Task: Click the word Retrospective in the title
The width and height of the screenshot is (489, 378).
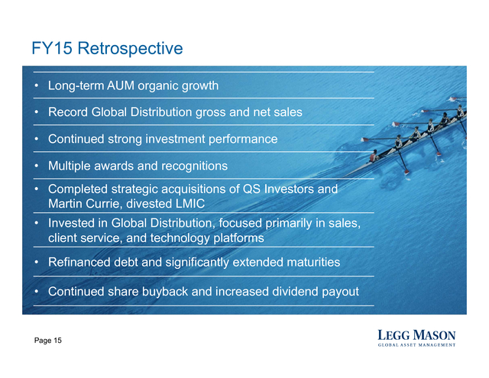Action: [130, 49]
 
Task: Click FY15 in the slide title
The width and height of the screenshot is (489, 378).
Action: [52, 48]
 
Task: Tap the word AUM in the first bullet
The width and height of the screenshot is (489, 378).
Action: [121, 86]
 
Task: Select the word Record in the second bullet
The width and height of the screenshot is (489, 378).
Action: [68, 112]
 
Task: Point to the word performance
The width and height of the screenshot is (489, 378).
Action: [243, 139]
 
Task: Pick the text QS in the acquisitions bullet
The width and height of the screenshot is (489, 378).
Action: [251, 189]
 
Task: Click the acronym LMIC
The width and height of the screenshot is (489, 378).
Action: [190, 203]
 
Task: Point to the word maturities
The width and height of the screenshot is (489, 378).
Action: [313, 262]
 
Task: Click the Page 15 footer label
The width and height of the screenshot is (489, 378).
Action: [48, 341]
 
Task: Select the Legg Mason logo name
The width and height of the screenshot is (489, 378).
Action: [416, 335]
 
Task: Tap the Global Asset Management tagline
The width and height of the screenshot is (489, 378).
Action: [416, 345]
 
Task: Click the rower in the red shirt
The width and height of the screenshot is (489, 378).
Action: [374, 156]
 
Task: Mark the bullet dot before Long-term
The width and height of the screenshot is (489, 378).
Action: [37, 85]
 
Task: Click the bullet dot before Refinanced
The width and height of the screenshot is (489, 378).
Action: [37, 262]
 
